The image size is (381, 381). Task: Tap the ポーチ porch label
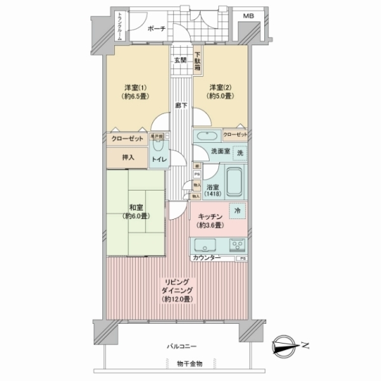156,29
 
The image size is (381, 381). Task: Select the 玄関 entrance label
180,61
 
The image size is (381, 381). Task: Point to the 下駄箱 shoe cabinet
198,62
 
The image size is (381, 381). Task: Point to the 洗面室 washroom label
210,153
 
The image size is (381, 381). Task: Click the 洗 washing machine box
239,152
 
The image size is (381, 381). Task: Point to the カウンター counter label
206,258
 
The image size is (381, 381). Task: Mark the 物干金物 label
190,364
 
